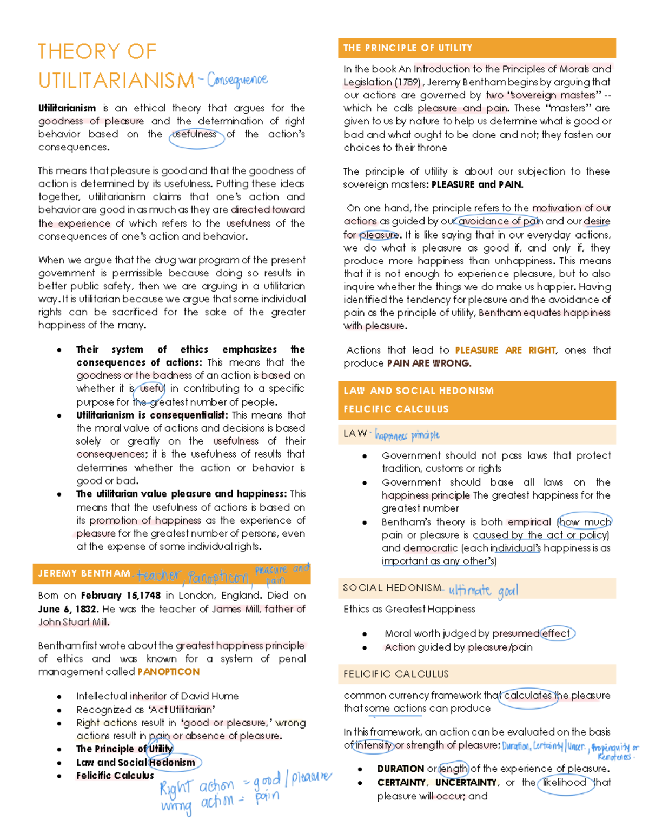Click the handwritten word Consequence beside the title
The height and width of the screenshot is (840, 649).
coord(237,80)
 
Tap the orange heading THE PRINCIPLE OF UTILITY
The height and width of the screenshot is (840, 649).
coord(408,48)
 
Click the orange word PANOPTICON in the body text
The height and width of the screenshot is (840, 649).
coord(168,672)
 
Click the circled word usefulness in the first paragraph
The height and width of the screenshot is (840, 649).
coord(195,134)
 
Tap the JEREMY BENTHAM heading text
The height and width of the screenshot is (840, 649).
coord(84,573)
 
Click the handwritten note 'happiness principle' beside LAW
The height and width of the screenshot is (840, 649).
coord(407,435)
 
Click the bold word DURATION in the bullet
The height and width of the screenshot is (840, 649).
coord(400,769)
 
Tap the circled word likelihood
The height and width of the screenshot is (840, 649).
coord(564,782)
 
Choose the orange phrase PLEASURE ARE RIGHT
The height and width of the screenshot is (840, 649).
coord(505,350)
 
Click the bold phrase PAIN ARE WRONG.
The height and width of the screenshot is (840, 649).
coord(428,363)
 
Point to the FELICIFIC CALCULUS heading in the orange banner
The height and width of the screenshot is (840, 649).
coord(396,409)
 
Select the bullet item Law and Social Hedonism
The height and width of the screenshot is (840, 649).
coord(135,763)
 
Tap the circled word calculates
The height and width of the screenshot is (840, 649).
coord(527,696)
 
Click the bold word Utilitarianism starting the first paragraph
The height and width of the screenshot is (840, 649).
coord(67,108)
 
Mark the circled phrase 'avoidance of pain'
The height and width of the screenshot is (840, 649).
coord(500,221)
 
